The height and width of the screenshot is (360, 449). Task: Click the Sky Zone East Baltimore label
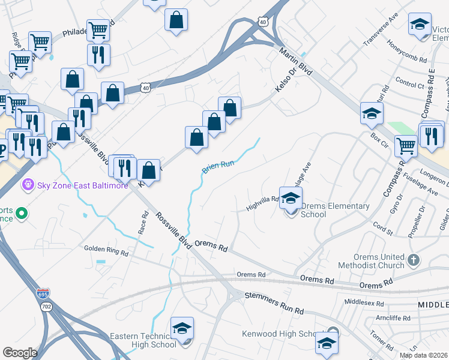point(83,185)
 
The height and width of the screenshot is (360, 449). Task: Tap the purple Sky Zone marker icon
point(26,185)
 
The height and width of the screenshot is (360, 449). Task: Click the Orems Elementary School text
point(335,210)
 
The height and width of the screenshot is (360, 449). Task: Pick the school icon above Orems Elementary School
point(291,198)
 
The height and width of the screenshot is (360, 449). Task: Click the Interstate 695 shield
point(43,294)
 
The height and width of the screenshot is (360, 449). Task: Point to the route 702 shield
point(46,306)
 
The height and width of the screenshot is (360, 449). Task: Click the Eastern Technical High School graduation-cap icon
point(182,329)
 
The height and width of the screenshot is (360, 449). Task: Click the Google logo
point(20,353)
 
